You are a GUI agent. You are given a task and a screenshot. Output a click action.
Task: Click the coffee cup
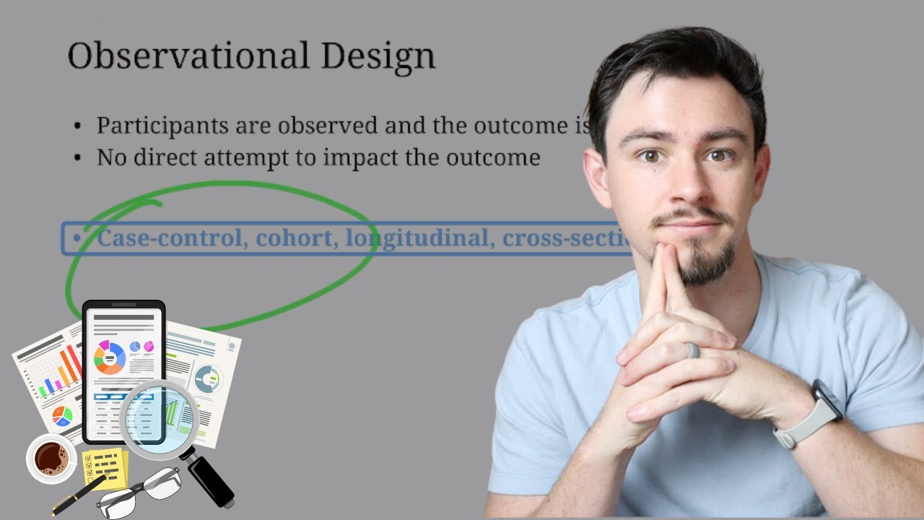[51, 458]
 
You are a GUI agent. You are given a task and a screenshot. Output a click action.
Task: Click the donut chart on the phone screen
[110, 357]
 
